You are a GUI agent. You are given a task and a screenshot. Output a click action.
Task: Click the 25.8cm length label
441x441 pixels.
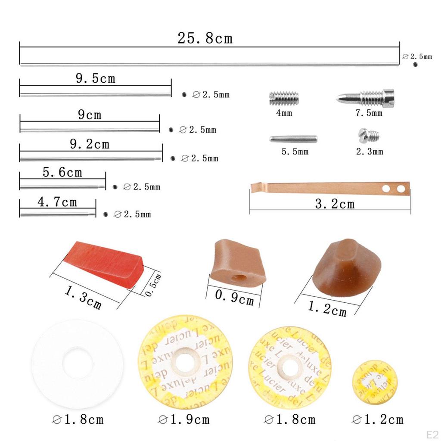click(205, 38)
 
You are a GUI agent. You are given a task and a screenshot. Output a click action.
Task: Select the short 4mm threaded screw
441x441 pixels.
click(284, 98)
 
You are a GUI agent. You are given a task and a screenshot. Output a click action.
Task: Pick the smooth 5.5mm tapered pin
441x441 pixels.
click(293, 139)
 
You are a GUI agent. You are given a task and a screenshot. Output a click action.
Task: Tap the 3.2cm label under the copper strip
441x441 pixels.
click(335, 204)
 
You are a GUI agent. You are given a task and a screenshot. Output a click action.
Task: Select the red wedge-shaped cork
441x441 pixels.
click(104, 261)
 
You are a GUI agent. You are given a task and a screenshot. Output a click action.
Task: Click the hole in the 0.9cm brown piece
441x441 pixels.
click(239, 277)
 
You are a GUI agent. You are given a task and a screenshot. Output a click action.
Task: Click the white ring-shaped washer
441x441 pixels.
click(77, 364)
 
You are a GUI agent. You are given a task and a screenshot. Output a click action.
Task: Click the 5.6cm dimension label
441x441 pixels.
click(62, 173)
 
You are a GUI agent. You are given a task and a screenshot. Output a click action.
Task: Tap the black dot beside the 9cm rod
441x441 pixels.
click(171, 130)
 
